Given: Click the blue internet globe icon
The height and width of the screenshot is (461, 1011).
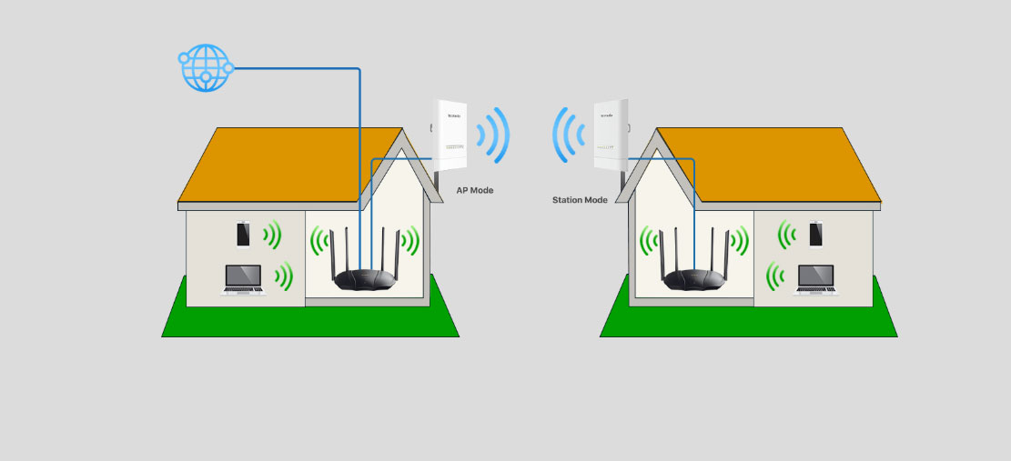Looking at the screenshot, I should pyautogui.click(x=206, y=68).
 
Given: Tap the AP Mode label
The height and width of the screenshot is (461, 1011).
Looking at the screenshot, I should pyautogui.click(x=475, y=190).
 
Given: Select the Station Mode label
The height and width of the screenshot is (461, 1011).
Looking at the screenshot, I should pyautogui.click(x=580, y=199).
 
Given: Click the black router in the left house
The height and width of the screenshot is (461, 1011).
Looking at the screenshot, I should pyautogui.click(x=369, y=278).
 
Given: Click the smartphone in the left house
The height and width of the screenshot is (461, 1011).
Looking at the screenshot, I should pyautogui.click(x=243, y=234).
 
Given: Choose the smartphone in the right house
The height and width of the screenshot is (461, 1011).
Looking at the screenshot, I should pyautogui.click(x=815, y=234).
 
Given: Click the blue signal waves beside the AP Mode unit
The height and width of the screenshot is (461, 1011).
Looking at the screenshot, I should pyautogui.click(x=494, y=135).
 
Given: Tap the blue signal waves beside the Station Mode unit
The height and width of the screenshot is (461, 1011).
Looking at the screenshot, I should pyautogui.click(x=568, y=135).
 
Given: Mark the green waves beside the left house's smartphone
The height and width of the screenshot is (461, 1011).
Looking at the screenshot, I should pyautogui.click(x=271, y=235).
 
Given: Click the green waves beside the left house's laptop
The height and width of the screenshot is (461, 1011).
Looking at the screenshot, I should pyautogui.click(x=284, y=276).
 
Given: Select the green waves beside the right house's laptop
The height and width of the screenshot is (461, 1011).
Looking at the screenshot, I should pyautogui.click(x=776, y=276).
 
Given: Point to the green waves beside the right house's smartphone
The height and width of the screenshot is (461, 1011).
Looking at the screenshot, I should pyautogui.click(x=787, y=235).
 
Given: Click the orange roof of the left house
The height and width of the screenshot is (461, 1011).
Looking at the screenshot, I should pyautogui.click(x=282, y=164).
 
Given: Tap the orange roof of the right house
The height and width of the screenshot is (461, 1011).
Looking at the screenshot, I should pyautogui.click(x=773, y=164).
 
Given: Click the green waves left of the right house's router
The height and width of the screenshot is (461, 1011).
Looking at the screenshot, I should pyautogui.click(x=649, y=241).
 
